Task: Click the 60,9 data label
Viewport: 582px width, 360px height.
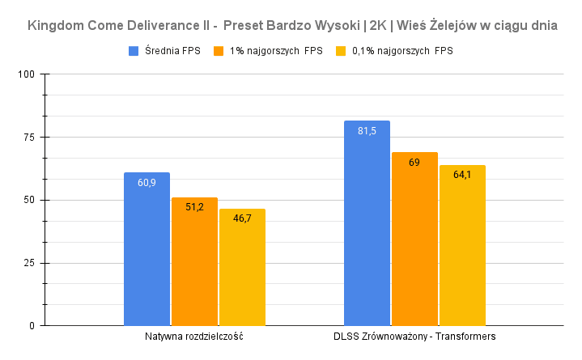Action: [x=147, y=183]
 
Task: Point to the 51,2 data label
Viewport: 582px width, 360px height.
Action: [x=194, y=207]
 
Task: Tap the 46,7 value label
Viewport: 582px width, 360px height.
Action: [x=242, y=218]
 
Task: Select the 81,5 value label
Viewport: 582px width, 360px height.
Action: [x=367, y=131]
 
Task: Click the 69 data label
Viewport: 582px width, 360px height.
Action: [x=414, y=163]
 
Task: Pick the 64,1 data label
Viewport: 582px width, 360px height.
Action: [x=462, y=175]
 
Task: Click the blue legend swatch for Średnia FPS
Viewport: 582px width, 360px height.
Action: [x=134, y=51]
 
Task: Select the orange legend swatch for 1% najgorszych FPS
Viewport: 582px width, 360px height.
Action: [x=219, y=51]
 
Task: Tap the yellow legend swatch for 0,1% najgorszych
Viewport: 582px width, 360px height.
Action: [x=340, y=51]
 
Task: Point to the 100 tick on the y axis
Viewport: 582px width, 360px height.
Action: [x=27, y=74]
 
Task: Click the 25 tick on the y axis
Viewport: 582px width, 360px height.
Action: [x=30, y=263]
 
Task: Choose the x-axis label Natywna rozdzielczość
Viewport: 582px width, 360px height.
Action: [x=194, y=336]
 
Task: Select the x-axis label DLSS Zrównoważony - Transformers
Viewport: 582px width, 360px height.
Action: [x=414, y=336]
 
